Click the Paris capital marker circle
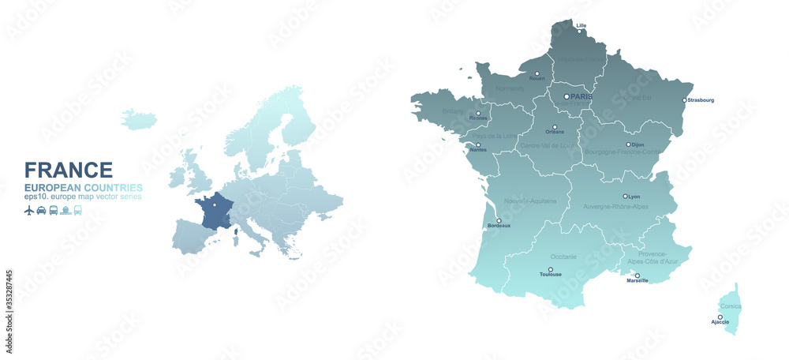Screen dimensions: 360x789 [x=566, y=96]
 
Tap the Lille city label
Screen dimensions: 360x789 [x=581, y=25]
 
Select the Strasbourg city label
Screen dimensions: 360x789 [x=701, y=100]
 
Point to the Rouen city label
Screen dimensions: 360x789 [x=537, y=79]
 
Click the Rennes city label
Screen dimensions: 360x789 [x=478, y=118]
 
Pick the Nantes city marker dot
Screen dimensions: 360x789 [x=477, y=144]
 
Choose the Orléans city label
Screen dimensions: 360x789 [x=555, y=133]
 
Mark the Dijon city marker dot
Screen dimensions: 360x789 [x=628, y=144]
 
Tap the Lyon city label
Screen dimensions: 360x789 [x=634, y=196]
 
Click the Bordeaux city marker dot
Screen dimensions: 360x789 [x=498, y=220]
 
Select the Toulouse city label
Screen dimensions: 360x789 [x=551, y=275]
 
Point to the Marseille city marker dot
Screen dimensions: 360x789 [x=637, y=276]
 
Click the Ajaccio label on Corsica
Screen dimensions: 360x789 [x=720, y=322]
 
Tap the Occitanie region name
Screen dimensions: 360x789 [x=563, y=257]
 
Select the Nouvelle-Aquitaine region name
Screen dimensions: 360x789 [x=526, y=201]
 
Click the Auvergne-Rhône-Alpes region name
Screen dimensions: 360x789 [x=605, y=206]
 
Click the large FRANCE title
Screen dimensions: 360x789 [x=69, y=170]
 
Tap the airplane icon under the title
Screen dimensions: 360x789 [x=29, y=210]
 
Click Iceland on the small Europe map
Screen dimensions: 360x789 [x=138, y=119]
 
